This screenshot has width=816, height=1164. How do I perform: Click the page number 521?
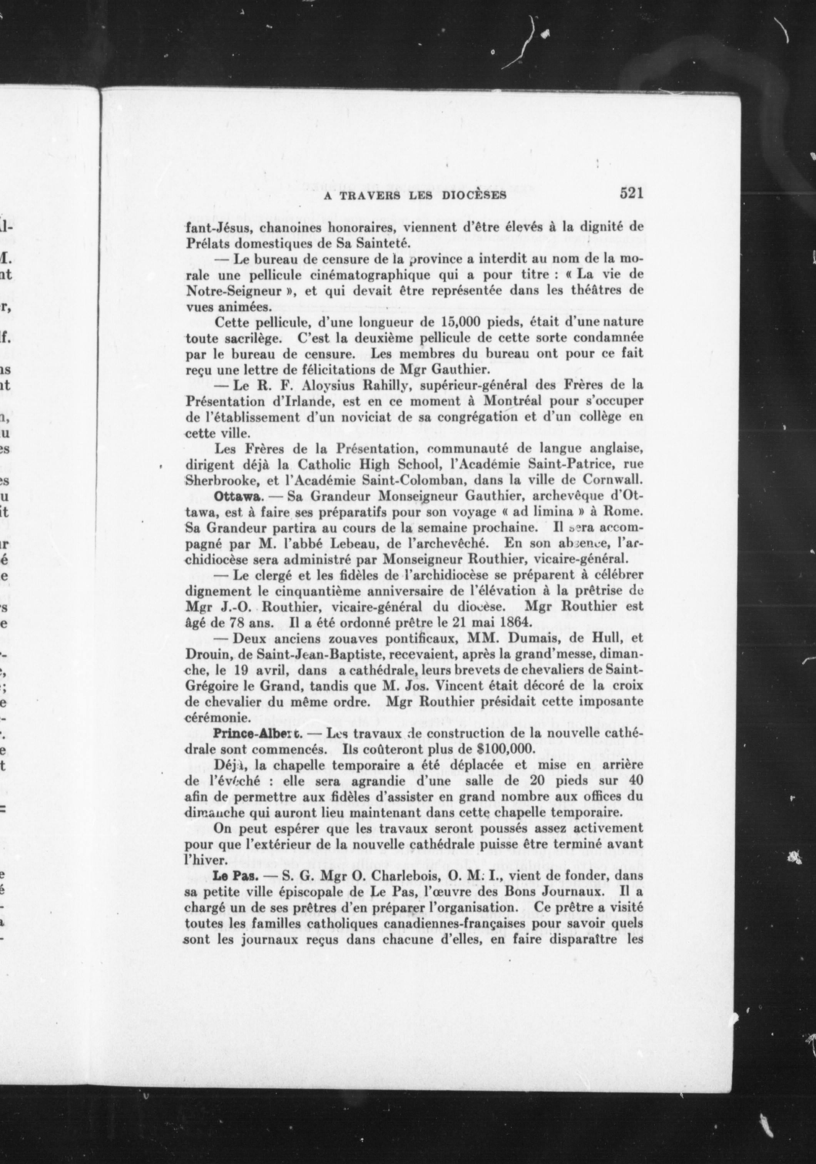[630, 194]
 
